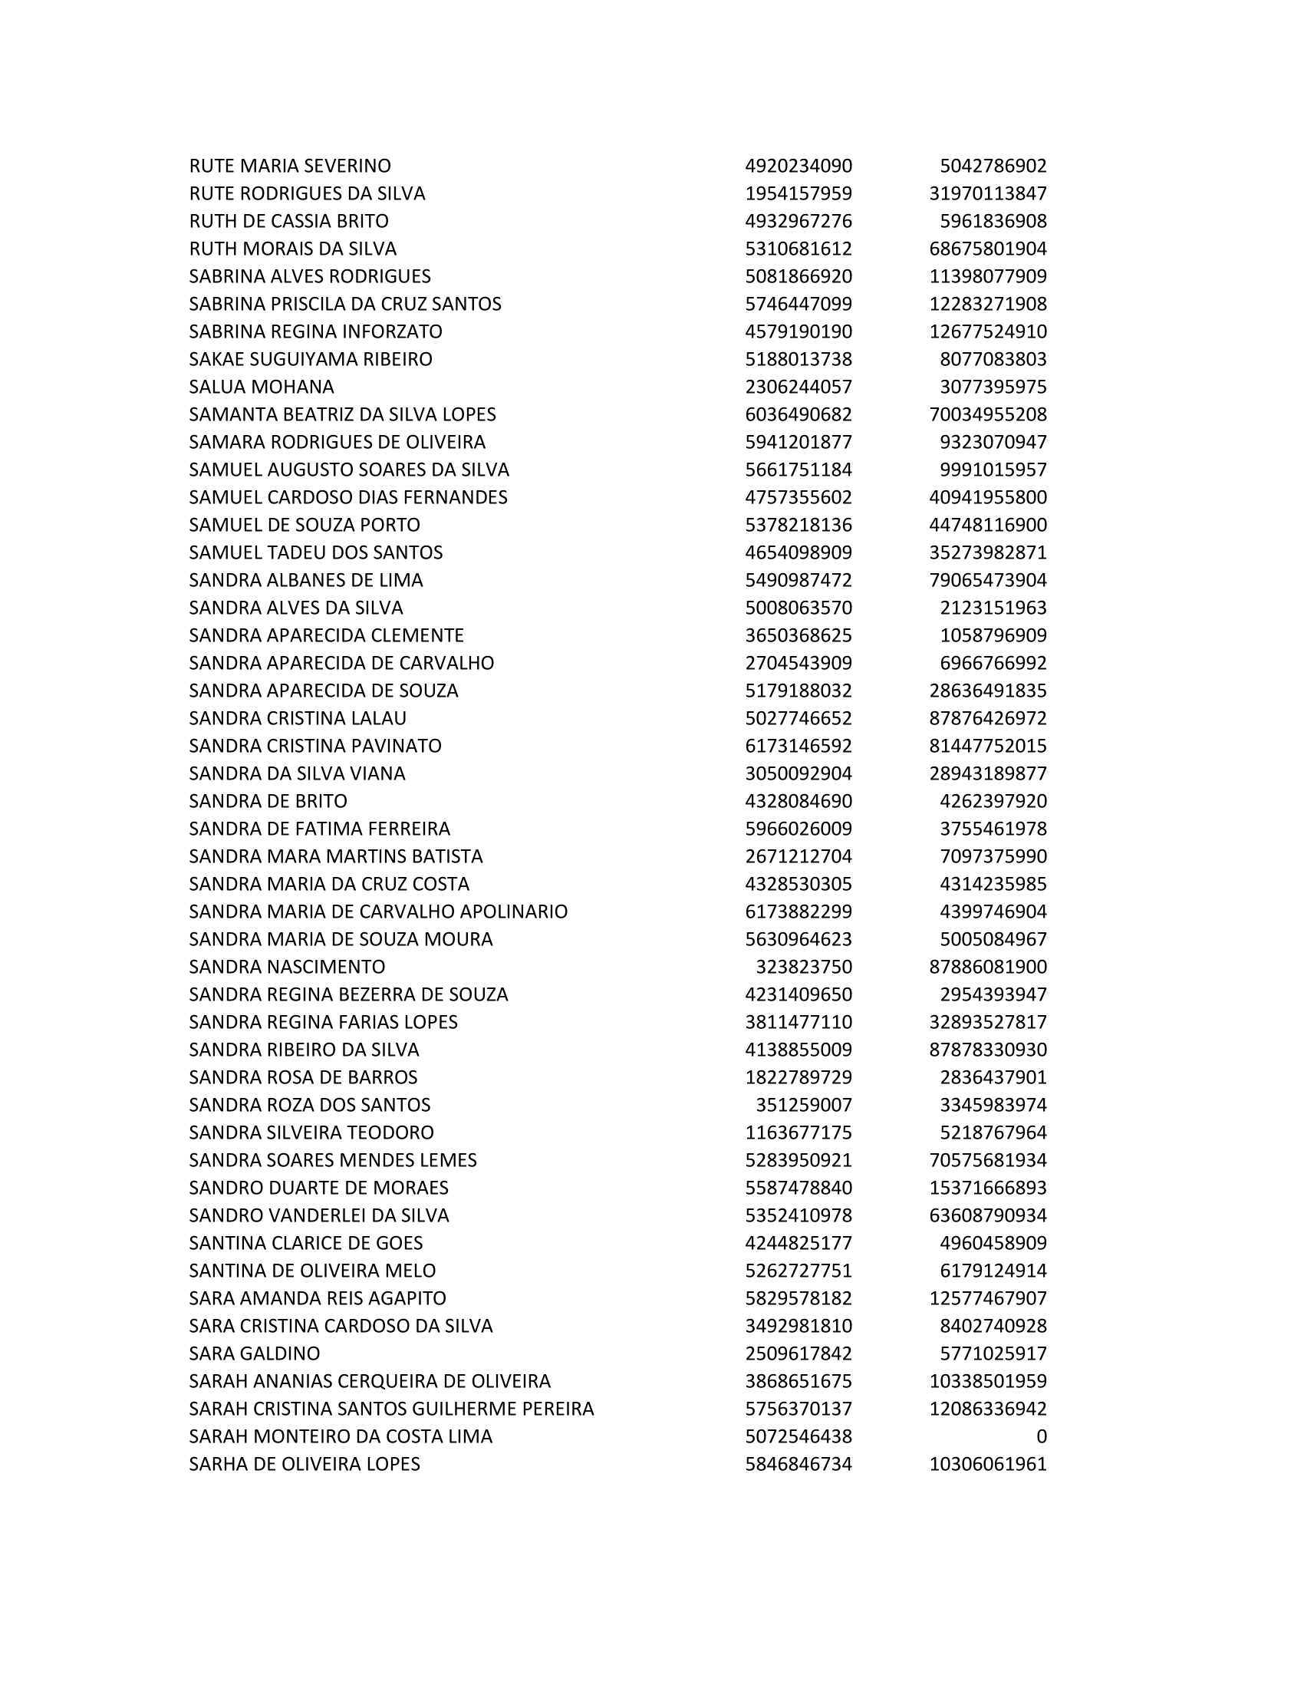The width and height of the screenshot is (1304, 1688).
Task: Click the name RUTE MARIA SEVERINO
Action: tap(290, 166)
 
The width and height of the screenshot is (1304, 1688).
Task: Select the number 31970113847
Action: tap(987, 194)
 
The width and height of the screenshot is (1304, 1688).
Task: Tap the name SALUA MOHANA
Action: tap(261, 387)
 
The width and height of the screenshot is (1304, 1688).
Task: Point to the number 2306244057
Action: tap(798, 387)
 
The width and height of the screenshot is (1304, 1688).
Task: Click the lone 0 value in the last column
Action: tap(1041, 1437)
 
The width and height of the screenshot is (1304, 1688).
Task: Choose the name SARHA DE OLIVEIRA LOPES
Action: tap(305, 1465)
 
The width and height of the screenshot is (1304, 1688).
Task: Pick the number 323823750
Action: tap(803, 967)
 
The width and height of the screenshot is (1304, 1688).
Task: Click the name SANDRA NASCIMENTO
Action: tap(287, 967)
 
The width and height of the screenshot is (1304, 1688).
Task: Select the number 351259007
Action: tap(803, 1105)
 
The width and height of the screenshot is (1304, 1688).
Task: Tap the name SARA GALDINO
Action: tap(254, 1354)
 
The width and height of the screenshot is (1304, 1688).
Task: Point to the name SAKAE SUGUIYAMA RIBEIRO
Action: tap(311, 359)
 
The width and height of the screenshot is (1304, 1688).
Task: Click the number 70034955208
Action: tap(987, 415)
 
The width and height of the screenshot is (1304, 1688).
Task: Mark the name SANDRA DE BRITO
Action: tap(268, 802)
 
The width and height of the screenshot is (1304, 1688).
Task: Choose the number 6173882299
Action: tap(798, 912)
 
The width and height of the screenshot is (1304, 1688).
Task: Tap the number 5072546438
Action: tap(798, 1437)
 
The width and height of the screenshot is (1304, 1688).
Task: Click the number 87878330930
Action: tap(987, 1050)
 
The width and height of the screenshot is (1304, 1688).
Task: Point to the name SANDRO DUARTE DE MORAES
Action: tap(318, 1188)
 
